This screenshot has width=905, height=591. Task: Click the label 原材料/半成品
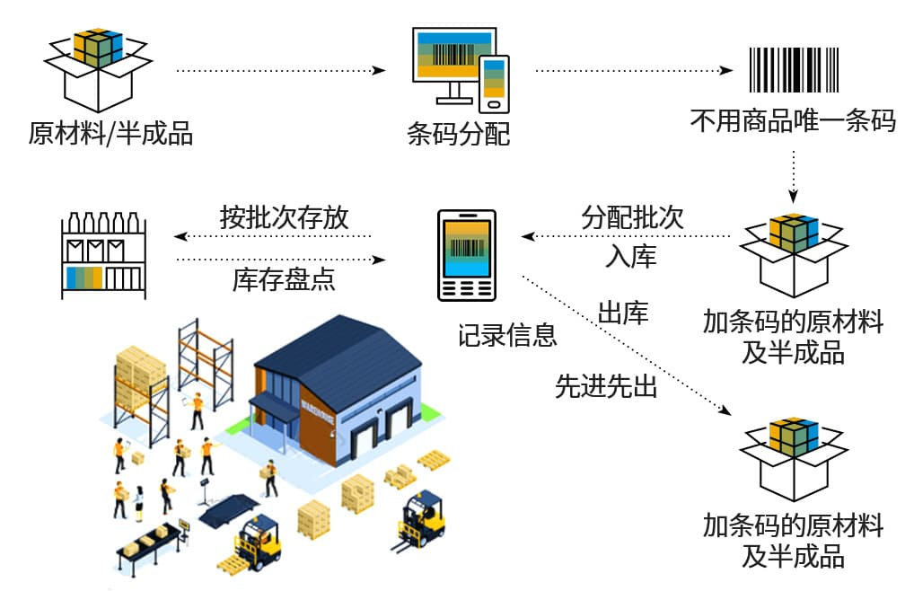110,135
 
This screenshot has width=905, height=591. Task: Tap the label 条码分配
458,135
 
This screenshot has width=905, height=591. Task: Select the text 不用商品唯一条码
793,120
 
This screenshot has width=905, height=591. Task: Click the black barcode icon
794,68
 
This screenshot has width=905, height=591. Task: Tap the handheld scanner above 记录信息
466,254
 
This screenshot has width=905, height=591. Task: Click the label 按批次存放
284,217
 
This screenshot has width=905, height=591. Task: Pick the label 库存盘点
284,279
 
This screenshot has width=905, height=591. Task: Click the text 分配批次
632,216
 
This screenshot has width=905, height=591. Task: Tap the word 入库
630,257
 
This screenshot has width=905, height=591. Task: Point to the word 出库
623,313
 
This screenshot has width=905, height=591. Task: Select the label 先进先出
606,386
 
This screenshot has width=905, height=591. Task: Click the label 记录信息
507,335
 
